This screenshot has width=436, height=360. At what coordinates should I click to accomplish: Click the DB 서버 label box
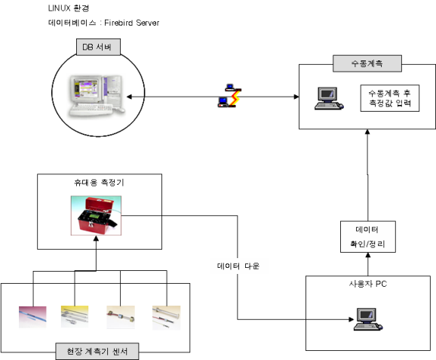(98, 47)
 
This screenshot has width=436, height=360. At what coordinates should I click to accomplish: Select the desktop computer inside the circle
(97, 95)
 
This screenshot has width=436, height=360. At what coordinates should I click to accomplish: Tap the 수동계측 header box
(367, 63)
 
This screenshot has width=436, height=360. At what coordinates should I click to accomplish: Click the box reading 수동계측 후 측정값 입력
(389, 98)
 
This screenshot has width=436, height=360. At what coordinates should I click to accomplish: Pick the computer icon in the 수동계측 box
(329, 98)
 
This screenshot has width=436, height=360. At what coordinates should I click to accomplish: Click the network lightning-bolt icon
(229, 95)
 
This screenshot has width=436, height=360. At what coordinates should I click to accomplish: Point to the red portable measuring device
(96, 215)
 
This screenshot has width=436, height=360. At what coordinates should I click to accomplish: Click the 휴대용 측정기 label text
(99, 183)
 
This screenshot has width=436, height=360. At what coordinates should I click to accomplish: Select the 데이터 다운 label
(238, 266)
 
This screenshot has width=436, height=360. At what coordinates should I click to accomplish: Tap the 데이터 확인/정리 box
(368, 237)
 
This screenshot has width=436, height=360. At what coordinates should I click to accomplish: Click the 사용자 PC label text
(368, 284)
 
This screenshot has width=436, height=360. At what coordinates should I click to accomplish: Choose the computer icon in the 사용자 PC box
(368, 319)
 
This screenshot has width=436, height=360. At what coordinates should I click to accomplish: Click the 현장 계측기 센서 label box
(97, 351)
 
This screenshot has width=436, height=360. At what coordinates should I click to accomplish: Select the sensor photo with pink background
(32, 317)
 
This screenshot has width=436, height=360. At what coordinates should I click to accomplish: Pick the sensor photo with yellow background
(75, 316)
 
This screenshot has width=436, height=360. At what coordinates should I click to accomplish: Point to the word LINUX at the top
(60, 8)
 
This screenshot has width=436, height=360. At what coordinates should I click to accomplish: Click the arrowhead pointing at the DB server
(129, 97)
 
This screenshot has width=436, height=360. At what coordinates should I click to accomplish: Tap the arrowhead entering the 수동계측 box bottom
(367, 132)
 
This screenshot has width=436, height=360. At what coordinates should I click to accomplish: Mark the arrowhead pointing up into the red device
(96, 238)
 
